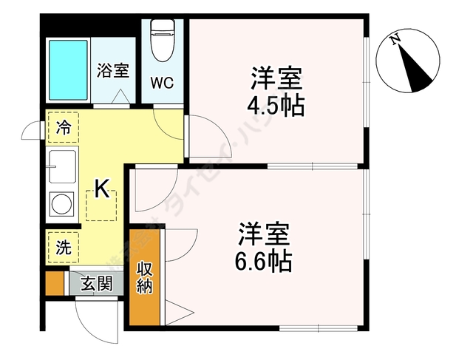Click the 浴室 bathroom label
(113, 72)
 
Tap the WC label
(163, 82)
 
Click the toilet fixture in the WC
(163, 40)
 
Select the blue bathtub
(69, 69)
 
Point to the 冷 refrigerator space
(64, 126)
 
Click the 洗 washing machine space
(64, 248)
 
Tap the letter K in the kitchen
(102, 190)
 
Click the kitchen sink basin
(62, 168)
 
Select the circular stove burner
(62, 203)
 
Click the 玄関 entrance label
(96, 283)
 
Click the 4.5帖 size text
(275, 104)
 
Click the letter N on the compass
(396, 39)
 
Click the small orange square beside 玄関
(54, 284)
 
